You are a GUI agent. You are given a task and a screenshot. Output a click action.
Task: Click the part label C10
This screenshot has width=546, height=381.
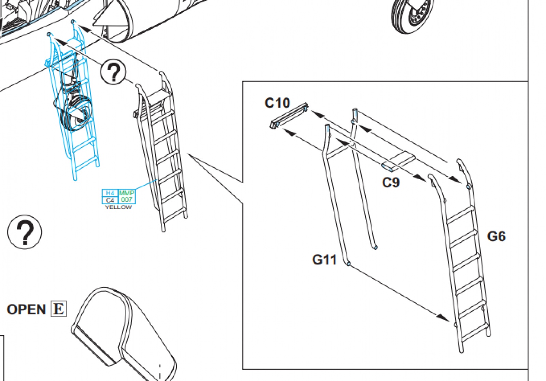click(277, 103)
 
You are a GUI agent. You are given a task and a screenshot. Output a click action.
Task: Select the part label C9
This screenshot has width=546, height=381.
click(391, 182)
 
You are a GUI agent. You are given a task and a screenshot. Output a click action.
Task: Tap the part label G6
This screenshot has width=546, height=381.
click(496, 236)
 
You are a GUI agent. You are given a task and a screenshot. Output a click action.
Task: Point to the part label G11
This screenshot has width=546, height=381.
click(324, 260)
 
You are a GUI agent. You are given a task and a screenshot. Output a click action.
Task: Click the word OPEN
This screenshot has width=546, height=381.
click(26, 310)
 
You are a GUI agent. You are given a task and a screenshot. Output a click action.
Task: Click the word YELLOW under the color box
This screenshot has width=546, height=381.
click(118, 207)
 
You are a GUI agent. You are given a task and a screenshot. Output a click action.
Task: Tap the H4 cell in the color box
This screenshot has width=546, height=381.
click(110, 193)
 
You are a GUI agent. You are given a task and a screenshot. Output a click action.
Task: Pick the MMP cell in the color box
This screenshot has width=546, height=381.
click(127, 193)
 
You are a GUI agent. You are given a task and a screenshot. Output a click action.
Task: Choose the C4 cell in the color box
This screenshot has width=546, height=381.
click(110, 200)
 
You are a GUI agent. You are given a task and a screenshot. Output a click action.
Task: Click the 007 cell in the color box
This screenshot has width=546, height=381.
click(127, 200)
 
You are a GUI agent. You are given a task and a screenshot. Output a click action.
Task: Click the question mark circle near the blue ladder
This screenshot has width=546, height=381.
click(113, 72)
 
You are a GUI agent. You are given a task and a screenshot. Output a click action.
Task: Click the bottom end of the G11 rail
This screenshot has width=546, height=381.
click(348, 263)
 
